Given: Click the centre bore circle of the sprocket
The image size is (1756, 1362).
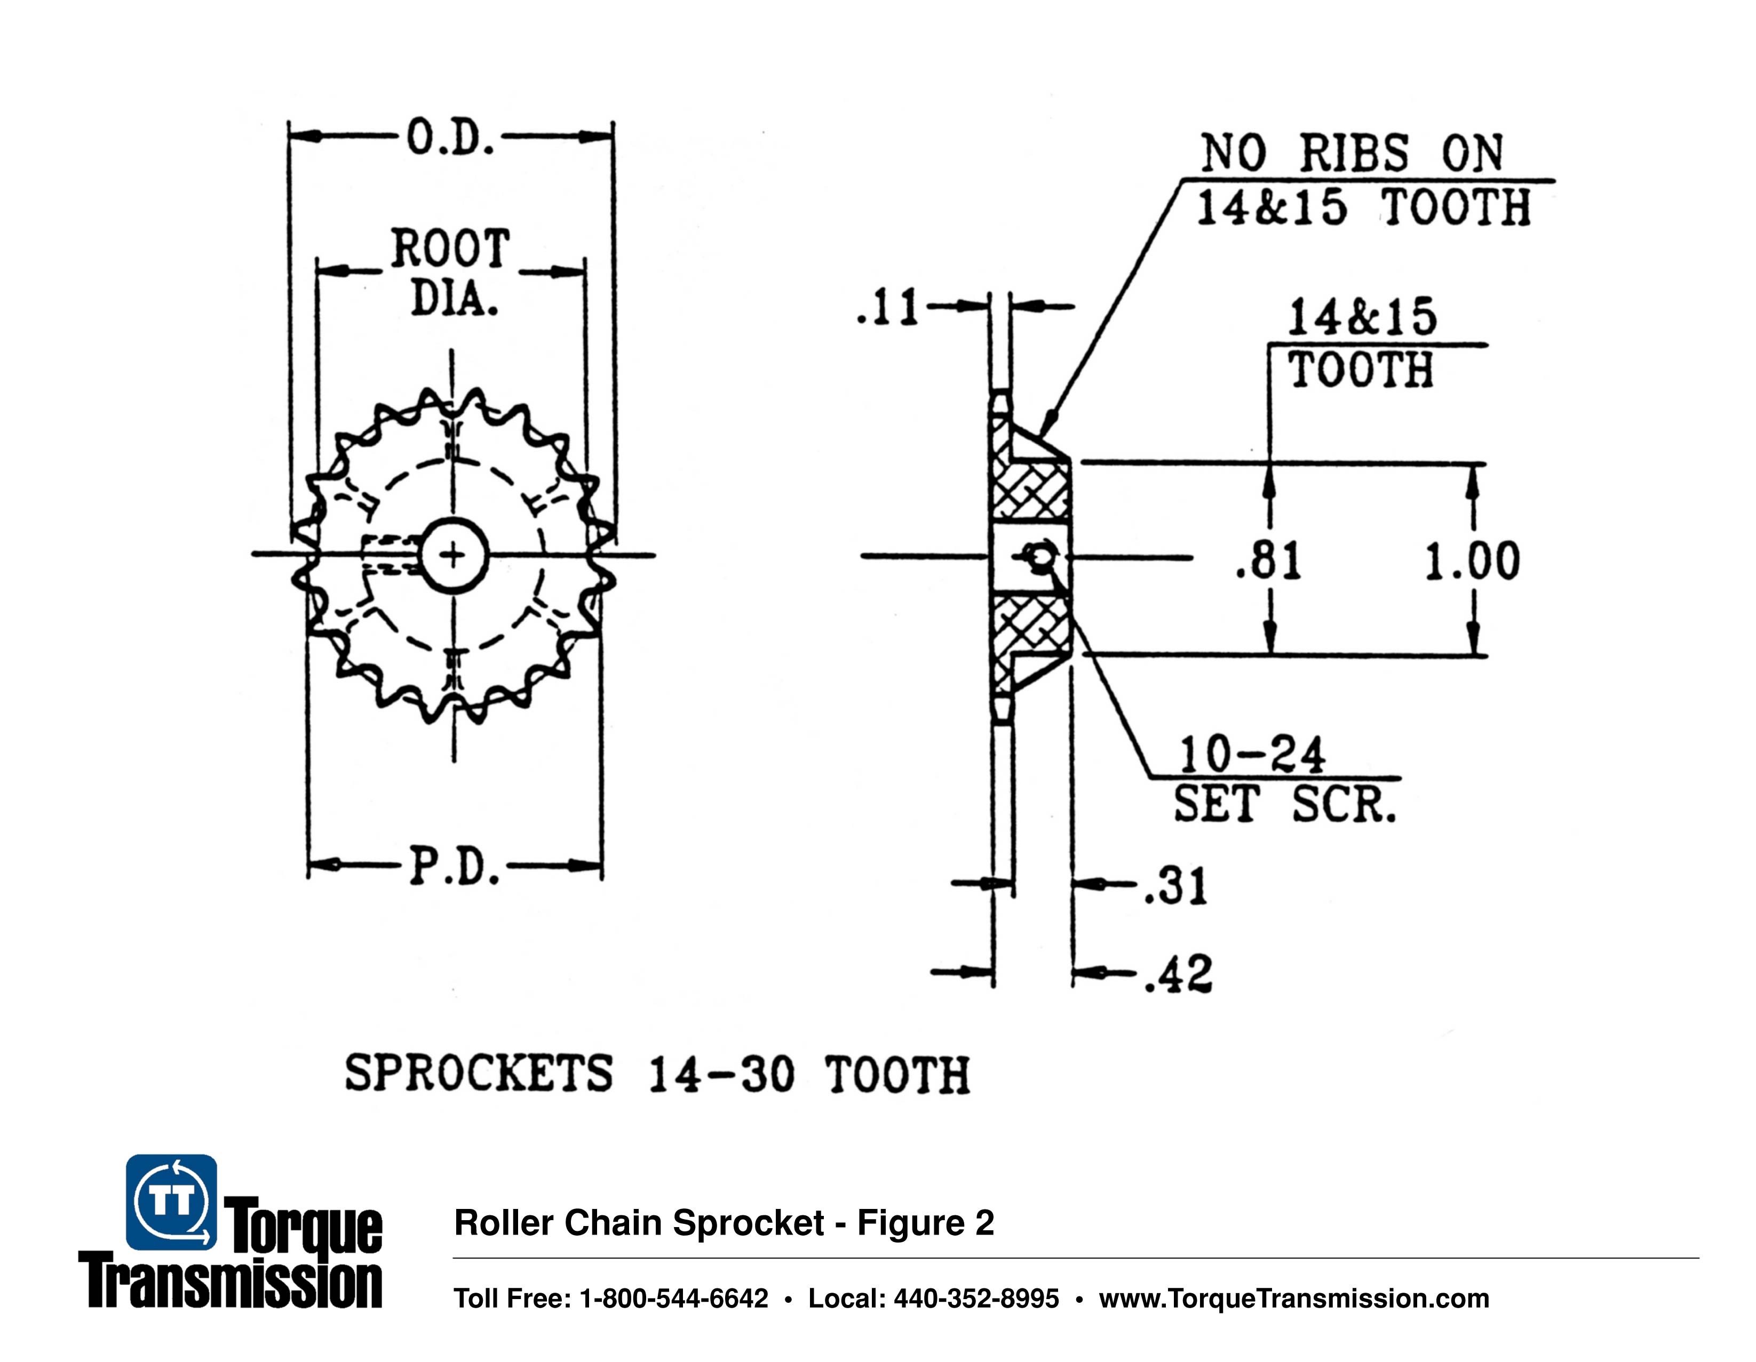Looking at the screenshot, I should (454, 555).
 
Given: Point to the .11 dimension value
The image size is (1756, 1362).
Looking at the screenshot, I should (888, 307).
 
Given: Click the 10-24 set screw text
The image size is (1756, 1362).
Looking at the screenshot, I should (1251, 755).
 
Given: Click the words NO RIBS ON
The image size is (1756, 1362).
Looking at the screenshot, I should (1352, 153).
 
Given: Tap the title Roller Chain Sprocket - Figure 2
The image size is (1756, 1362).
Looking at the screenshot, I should (724, 1222).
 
